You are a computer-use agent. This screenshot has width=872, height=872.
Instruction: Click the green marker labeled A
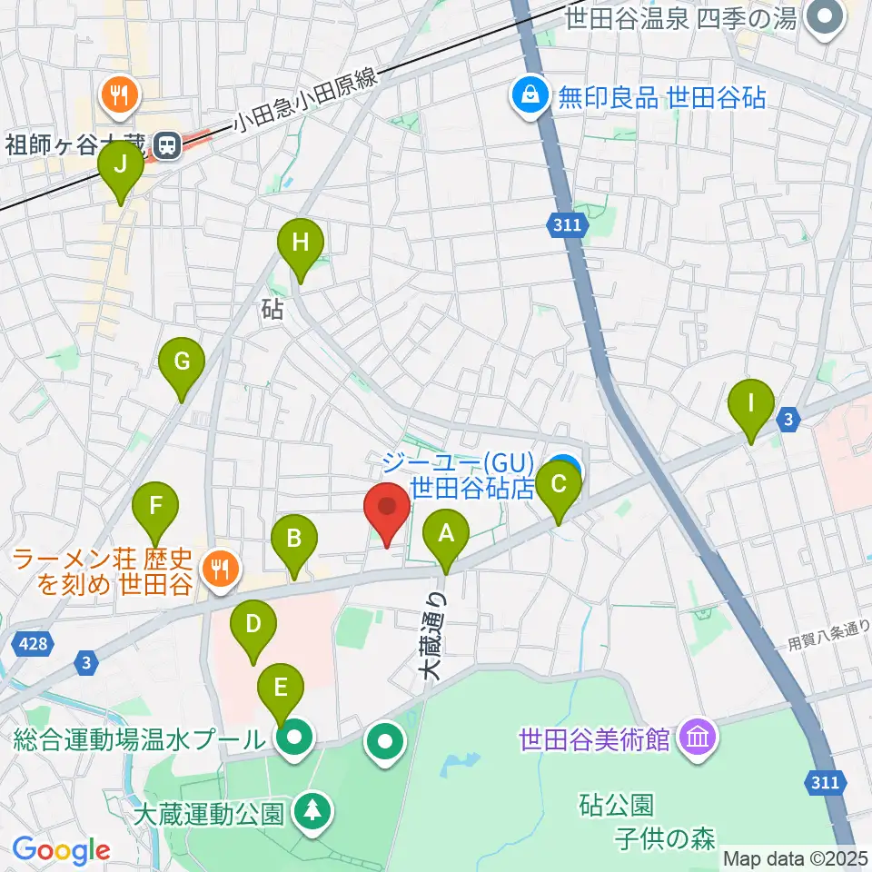[x=445, y=535]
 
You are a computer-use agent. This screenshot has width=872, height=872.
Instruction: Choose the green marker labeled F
[x=156, y=506]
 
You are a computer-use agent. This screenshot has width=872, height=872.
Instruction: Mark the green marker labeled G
[x=182, y=362]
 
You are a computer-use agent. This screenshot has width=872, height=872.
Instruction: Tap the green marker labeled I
[x=750, y=403]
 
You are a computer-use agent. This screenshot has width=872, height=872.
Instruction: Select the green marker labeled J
[x=121, y=165]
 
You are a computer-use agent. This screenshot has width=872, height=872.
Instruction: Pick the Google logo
[x=61, y=851]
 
